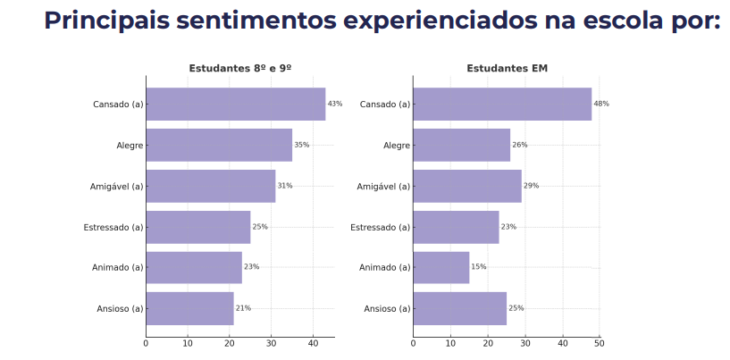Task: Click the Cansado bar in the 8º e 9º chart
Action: click(235, 104)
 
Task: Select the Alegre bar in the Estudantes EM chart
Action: click(461, 145)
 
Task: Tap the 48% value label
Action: click(601, 104)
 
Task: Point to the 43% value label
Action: click(335, 104)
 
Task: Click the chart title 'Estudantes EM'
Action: click(507, 69)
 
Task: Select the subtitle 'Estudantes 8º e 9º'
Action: click(240, 69)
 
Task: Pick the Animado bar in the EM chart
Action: click(441, 267)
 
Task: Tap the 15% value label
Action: click(479, 267)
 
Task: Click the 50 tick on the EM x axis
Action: click(599, 343)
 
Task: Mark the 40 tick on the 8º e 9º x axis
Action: click(313, 343)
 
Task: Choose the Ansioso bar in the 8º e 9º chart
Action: click(189, 308)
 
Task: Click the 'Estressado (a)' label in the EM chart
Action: click(380, 227)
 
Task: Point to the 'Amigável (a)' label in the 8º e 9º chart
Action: click(117, 186)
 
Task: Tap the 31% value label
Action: click(285, 186)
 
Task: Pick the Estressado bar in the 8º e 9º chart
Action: click(197, 227)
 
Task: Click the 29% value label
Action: click(531, 186)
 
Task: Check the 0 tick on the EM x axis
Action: click(413, 343)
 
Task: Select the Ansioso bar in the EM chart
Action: click(459, 308)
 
